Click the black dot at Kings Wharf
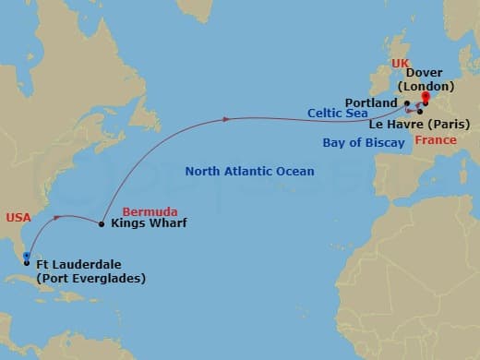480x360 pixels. coord(102,223)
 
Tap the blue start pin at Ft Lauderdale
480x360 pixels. coord(27,257)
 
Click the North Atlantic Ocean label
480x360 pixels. coord(249,172)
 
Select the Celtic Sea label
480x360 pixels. coord(338,114)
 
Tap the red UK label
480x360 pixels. coord(399,63)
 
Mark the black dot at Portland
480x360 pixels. coord(407,102)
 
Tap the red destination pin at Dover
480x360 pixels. coord(426,96)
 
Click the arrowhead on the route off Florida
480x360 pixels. coord(60,218)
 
